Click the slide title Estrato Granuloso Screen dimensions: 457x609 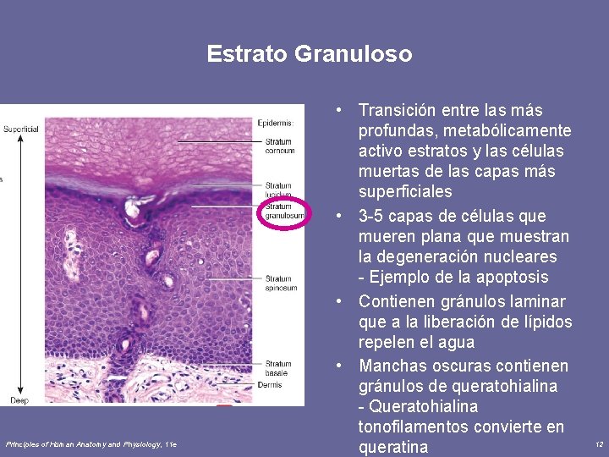310,55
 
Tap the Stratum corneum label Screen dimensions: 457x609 279,146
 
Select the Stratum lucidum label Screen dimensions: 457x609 278,190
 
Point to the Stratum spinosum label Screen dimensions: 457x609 281,283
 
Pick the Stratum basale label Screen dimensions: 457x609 278,369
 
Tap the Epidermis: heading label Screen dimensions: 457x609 276,124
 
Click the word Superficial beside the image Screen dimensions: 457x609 20,129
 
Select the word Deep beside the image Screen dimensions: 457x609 19,399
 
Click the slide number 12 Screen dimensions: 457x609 599,444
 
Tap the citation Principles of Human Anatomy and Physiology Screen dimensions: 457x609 91,443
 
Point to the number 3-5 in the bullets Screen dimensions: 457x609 373,216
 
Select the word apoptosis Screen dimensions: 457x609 512,278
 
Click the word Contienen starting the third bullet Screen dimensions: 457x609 397,302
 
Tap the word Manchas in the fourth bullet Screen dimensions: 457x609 391,366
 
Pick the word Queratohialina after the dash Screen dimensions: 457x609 423,407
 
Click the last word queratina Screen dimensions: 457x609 393,448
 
